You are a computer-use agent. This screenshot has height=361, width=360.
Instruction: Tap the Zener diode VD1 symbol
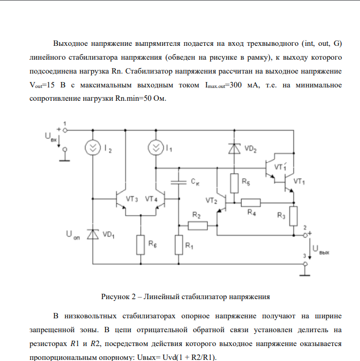coord(93,234)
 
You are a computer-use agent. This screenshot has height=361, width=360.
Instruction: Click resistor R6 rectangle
coord(140,245)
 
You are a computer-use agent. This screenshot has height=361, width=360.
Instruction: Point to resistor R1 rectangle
coord(178,245)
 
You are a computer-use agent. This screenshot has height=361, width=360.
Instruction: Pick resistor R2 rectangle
coord(197,226)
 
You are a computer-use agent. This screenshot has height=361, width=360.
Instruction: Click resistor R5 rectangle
coord(233,183)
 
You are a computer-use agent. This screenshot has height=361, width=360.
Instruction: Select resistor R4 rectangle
coord(251,202)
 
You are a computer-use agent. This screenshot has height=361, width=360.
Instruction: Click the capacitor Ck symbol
coord(178,182)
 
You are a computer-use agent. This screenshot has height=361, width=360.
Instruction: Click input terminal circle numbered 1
coord(65,130)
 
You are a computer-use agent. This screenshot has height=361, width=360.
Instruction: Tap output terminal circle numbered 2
coord(305,235)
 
